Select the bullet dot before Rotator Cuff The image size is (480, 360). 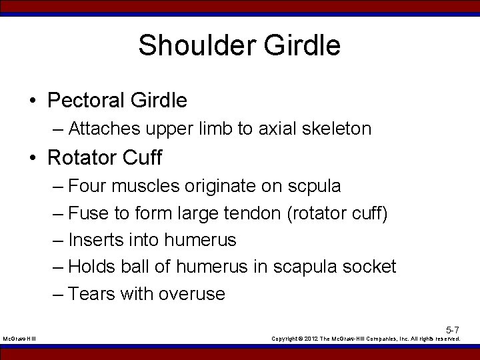pyautogui.click(x=33, y=158)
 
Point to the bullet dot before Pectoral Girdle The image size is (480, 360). pyautogui.click(x=33, y=101)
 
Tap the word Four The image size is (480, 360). pyautogui.click(x=89, y=186)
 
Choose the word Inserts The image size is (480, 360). pyautogui.click(x=93, y=240)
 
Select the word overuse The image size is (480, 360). pyautogui.click(x=193, y=294)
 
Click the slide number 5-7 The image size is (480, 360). pyautogui.click(x=453, y=330)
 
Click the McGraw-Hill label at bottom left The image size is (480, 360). pyautogui.click(x=19, y=339)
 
